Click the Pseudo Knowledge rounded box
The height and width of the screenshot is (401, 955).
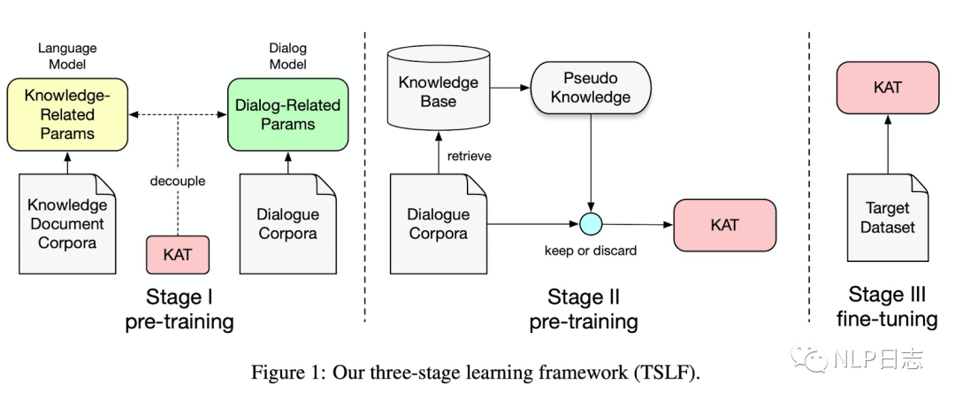point(591,89)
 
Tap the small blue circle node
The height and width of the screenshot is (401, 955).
point(590,225)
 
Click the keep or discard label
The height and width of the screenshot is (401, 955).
point(590,251)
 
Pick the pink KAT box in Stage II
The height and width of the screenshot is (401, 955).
point(724,225)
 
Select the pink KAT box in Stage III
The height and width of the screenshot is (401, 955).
point(887,88)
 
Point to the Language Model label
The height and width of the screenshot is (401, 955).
point(67,56)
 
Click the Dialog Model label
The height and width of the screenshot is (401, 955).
point(289,56)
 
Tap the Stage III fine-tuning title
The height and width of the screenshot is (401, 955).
point(887,306)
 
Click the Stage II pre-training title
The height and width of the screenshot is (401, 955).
point(584,308)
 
